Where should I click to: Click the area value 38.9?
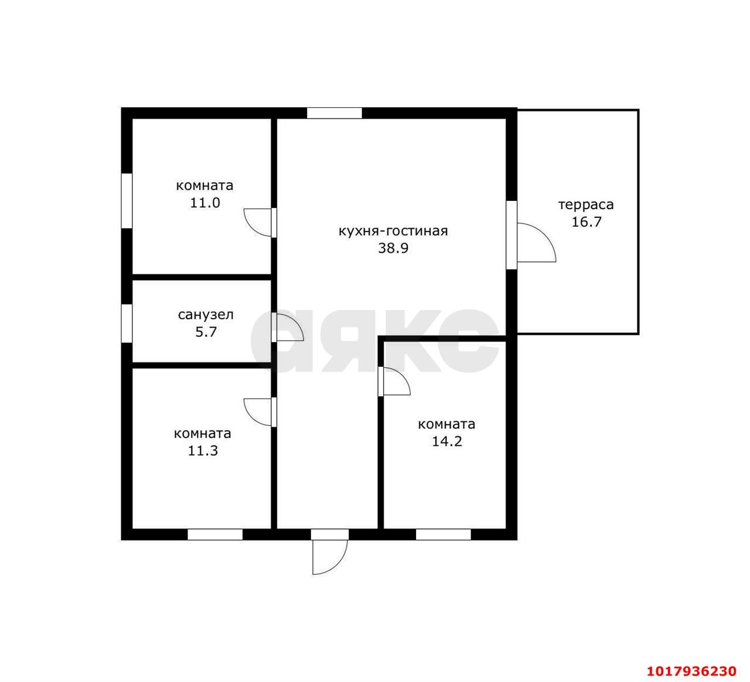(x=393, y=248)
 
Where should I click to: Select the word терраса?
(x=586, y=205)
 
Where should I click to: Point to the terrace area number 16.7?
(x=587, y=222)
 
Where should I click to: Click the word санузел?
(x=206, y=315)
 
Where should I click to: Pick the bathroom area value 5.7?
(x=206, y=332)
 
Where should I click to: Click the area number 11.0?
(x=205, y=203)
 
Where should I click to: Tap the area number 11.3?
(x=203, y=451)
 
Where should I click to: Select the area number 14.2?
(x=447, y=442)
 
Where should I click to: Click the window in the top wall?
(x=334, y=113)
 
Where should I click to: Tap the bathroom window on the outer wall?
(x=127, y=323)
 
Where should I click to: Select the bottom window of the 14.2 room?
(x=443, y=535)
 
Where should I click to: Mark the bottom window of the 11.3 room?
(x=215, y=535)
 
